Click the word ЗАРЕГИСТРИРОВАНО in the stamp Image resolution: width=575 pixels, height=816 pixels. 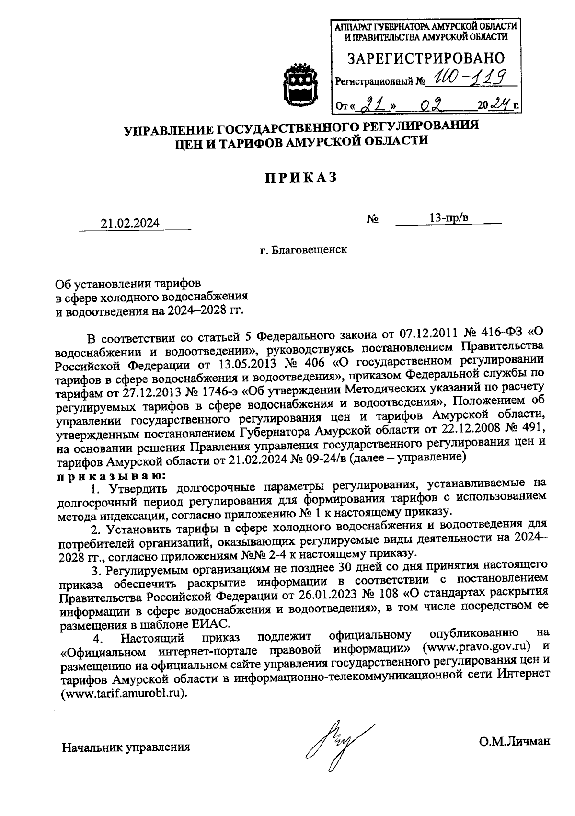426,58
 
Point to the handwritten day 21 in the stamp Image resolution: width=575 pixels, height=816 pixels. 368,103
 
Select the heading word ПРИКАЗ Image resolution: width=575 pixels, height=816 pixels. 301,178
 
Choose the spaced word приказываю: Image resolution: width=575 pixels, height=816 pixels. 111,476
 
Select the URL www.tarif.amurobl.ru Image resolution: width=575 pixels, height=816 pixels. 122,694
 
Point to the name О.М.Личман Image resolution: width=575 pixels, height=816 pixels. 514,741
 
